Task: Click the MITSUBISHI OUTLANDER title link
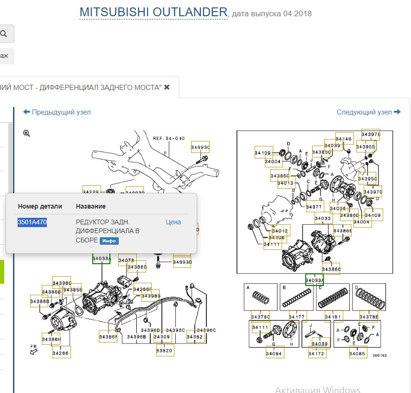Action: (154, 12)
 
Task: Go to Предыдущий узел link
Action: (57, 112)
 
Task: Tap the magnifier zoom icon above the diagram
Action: (27, 133)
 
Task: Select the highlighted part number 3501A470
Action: (32, 222)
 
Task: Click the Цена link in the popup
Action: (173, 222)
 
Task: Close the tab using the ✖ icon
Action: (167, 87)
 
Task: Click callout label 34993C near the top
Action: (200, 147)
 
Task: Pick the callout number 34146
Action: (344, 139)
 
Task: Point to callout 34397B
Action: (371, 135)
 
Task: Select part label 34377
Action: (314, 207)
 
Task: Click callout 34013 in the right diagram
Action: (286, 184)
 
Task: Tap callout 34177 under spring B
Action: (297, 317)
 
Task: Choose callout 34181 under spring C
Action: (334, 317)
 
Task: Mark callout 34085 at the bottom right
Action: (358, 354)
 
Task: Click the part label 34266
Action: (61, 353)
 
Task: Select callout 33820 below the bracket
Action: (164, 351)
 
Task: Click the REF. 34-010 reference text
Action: (169, 138)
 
